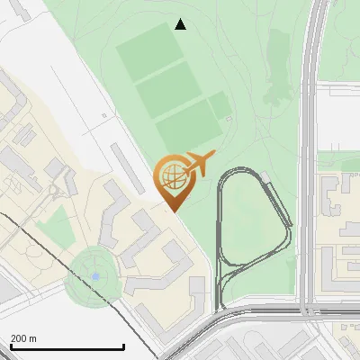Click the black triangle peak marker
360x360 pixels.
pyautogui.click(x=181, y=24)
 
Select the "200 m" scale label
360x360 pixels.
pyautogui.click(x=24, y=338)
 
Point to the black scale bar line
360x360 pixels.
pyautogui.click(x=67, y=347)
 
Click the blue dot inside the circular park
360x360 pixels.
pyautogui.click(x=95, y=276)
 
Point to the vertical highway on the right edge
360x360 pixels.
pyautogui.click(x=312, y=135)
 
